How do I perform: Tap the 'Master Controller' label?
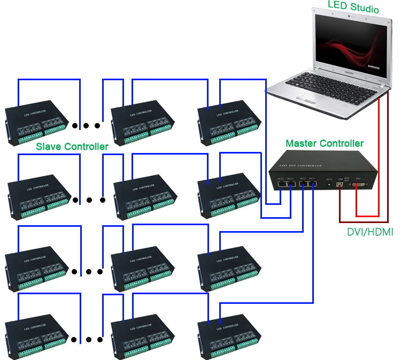[x=325, y=143]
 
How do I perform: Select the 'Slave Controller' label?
[x=72, y=146]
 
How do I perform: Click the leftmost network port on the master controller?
[x=281, y=185]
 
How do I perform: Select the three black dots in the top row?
[x=87, y=126]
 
